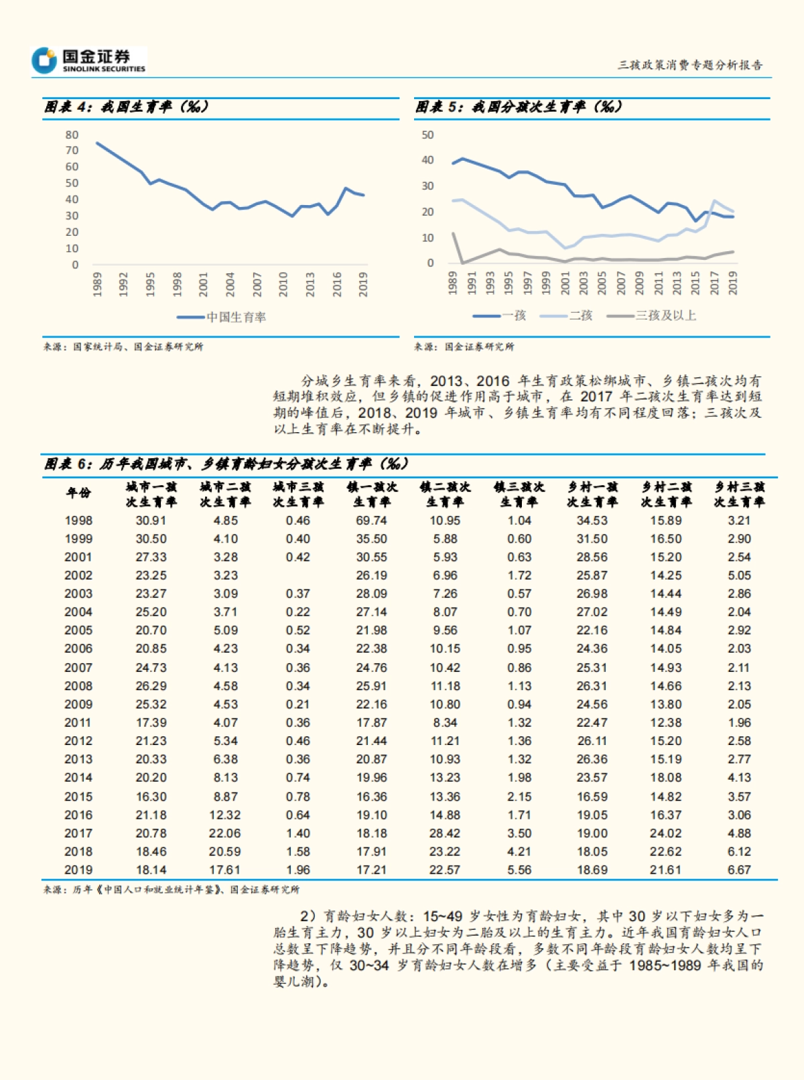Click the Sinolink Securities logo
[x=89, y=60]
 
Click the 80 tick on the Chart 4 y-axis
[x=72, y=135]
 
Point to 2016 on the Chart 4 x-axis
[x=336, y=284]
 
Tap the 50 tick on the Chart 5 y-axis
[x=427, y=135]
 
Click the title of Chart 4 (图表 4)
[x=127, y=107]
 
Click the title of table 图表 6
[x=226, y=464]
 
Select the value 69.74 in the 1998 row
[x=371, y=521]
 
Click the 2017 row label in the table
[x=78, y=833]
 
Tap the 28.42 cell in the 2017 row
[x=445, y=833]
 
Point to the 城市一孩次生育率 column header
[x=151, y=494]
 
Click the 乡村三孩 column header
[x=739, y=494]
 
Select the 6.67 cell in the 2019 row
[x=739, y=870]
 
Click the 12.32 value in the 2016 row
[x=224, y=815]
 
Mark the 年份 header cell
[x=78, y=493]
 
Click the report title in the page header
[x=689, y=65]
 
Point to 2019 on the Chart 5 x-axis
[x=733, y=283]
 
